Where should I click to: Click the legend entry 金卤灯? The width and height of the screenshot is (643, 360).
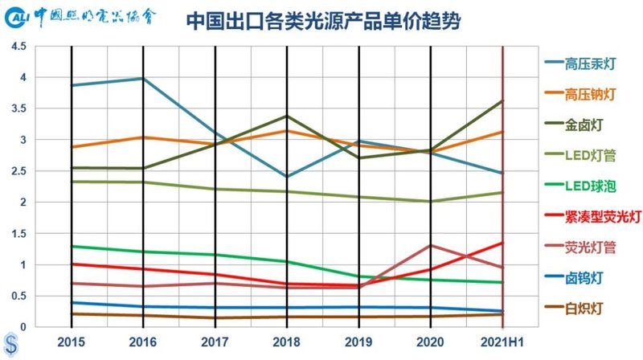[x=584, y=125]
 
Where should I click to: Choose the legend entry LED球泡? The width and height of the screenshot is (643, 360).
[x=591, y=186]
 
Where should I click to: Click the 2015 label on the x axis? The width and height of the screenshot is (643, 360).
[x=71, y=341]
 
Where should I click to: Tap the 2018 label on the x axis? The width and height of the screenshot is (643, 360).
[x=287, y=341]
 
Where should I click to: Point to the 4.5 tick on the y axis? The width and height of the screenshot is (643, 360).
[x=18, y=47]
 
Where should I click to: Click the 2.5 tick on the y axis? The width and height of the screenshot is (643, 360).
[x=18, y=171]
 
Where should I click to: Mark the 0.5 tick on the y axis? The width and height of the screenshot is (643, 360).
[x=18, y=296]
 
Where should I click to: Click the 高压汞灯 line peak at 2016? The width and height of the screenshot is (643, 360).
[x=143, y=78]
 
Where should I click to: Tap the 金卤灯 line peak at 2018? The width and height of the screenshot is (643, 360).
[x=287, y=116]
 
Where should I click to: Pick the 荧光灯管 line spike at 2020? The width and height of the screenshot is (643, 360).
[x=431, y=245]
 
